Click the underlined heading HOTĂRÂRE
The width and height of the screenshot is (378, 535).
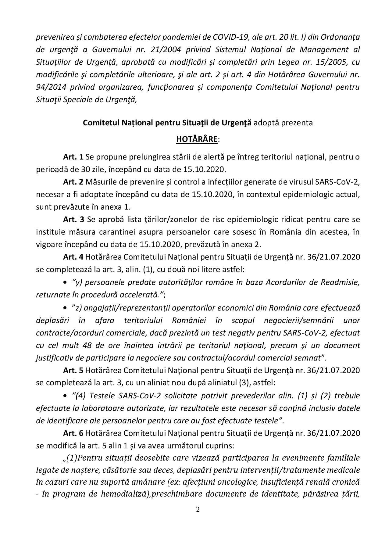pos(197,139)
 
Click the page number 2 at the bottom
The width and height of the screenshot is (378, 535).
pos(198,510)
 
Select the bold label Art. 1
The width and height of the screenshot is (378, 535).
pos(73,157)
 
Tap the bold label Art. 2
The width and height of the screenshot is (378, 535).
pos(73,182)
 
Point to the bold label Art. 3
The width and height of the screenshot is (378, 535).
pos(73,219)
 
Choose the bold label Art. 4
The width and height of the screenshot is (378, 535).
pos(73,257)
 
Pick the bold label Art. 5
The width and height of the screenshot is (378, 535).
pos(73,370)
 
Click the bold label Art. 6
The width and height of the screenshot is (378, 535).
pos(73,433)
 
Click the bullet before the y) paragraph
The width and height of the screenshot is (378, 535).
pos(65,282)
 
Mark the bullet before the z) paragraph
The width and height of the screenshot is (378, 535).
pos(65,308)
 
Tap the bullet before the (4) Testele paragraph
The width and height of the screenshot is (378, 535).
pos(65,396)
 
